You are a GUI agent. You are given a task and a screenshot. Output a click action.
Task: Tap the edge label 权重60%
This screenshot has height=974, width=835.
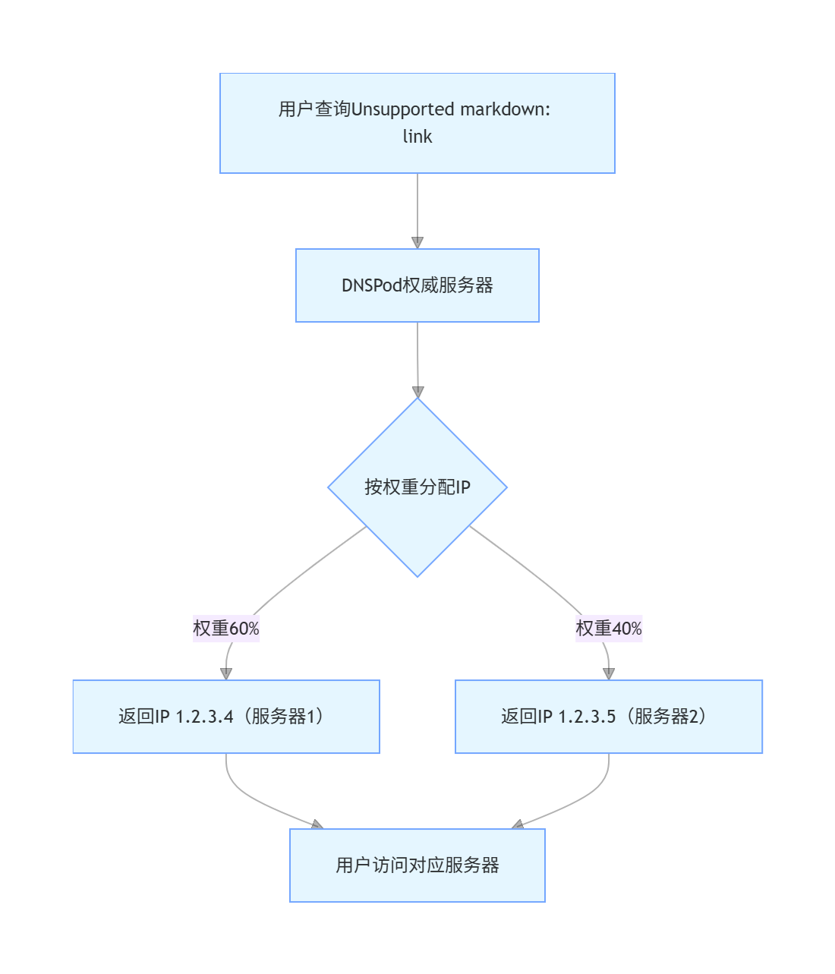pos(226,629)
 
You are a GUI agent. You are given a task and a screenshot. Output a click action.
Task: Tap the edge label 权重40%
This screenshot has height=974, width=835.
pos(609,629)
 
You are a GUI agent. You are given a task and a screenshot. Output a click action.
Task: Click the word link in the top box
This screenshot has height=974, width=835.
pos(417,137)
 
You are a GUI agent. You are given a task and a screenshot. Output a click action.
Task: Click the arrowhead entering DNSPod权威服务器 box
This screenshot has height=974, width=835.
pos(417,242)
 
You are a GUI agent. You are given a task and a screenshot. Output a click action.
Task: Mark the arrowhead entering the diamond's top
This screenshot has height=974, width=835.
pos(417,392)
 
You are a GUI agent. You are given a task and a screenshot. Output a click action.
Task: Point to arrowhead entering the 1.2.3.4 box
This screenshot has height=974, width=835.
pos(226,673)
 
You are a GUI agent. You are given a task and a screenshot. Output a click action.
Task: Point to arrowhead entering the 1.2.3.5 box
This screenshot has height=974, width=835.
pos(609,673)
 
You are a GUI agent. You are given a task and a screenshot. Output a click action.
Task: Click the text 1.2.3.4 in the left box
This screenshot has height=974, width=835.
pos(205,717)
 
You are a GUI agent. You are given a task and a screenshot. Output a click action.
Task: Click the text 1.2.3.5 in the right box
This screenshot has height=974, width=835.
pos(587,717)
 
